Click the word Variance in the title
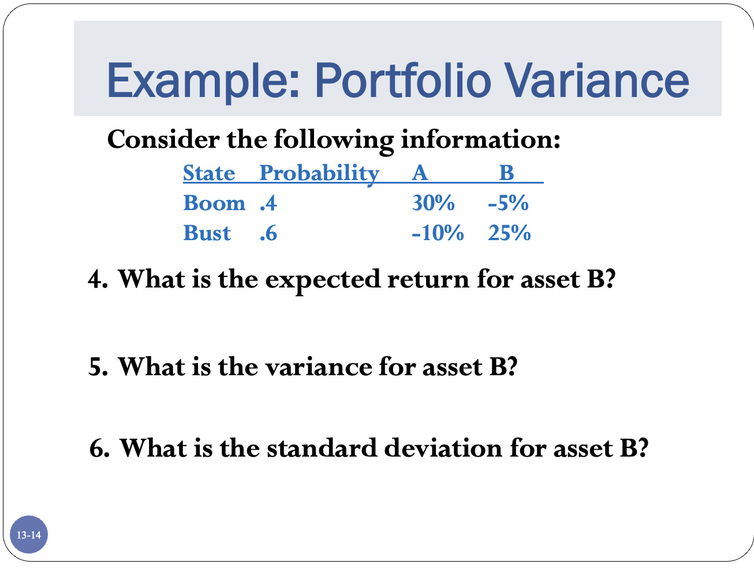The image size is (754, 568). [597, 80]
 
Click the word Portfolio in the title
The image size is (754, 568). [402, 80]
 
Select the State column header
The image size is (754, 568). [209, 173]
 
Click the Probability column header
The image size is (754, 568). [319, 173]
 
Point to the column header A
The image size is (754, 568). [420, 173]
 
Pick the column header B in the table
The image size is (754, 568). [506, 173]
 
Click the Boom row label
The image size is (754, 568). [214, 203]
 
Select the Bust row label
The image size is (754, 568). [207, 233]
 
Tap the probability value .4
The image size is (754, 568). [268, 204]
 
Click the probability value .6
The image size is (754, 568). [268, 234]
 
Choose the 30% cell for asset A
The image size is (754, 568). [433, 203]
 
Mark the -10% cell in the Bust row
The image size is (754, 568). [438, 233]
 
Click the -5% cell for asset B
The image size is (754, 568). [508, 203]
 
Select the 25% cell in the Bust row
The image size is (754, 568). [509, 233]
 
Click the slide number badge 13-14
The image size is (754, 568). [29, 535]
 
